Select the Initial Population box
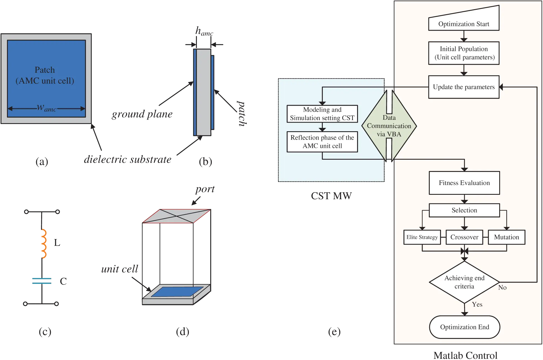point(464,53)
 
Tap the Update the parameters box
point(464,87)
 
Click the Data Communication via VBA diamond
point(389,126)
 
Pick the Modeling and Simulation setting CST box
point(322,114)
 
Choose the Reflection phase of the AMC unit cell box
point(322,142)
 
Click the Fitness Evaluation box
point(464,183)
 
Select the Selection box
point(464,210)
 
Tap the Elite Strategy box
point(422,237)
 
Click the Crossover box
point(464,237)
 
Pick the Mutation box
point(506,237)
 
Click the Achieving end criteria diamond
point(464,282)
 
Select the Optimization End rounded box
point(464,327)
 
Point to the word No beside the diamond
point(502,288)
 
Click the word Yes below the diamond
point(477,304)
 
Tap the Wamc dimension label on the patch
point(46,108)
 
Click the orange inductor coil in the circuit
point(43,244)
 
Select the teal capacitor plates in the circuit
point(41,281)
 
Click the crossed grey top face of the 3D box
point(176,216)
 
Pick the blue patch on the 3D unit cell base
point(177,291)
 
